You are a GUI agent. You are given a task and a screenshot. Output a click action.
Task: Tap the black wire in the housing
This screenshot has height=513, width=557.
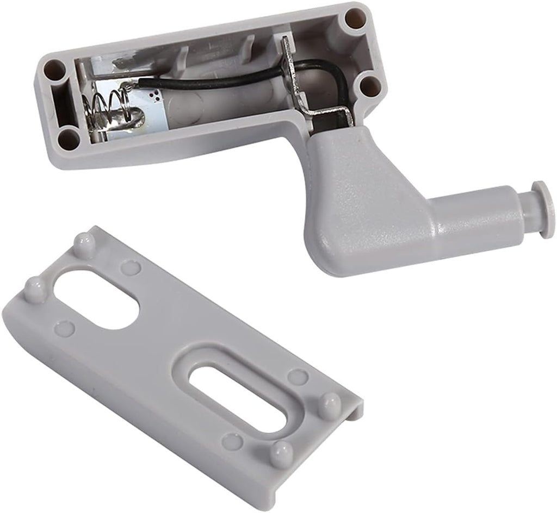tap(212, 81)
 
